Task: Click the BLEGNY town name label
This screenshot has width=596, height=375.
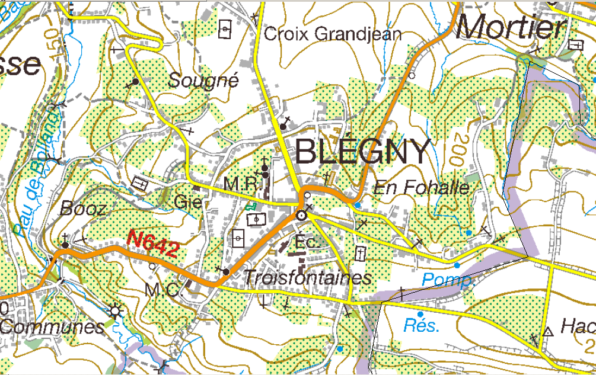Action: (x=362, y=152)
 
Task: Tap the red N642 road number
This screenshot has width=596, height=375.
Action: (x=153, y=243)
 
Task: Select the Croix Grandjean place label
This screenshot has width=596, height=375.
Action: (x=333, y=34)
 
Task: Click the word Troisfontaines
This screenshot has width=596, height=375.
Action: (x=308, y=278)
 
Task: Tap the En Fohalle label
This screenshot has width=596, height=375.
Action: (x=421, y=188)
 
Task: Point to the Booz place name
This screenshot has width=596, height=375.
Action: (x=84, y=209)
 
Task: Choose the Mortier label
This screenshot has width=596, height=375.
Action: (x=511, y=27)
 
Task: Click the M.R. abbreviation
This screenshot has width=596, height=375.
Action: (x=242, y=185)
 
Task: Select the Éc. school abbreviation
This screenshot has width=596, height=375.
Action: (x=307, y=242)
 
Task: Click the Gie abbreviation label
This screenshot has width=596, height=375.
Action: (x=188, y=203)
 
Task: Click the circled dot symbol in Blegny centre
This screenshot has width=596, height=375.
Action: (x=302, y=216)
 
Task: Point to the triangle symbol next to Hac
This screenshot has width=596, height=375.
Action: (x=547, y=332)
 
